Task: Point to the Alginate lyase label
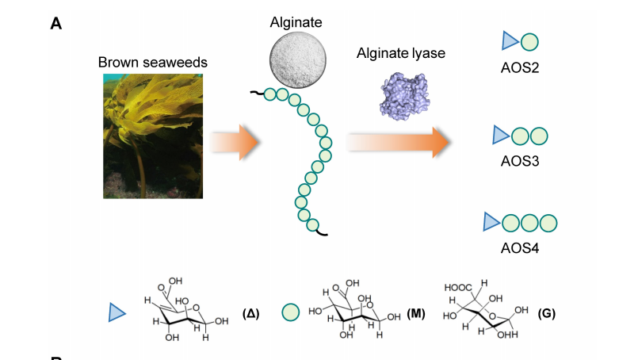click(401, 53)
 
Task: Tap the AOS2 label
click(520, 69)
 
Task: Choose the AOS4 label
click(520, 247)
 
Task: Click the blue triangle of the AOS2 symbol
click(510, 41)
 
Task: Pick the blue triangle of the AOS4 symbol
click(491, 223)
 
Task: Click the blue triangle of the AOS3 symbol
click(500, 136)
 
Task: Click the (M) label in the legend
click(416, 313)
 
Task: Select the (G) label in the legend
click(546, 313)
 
